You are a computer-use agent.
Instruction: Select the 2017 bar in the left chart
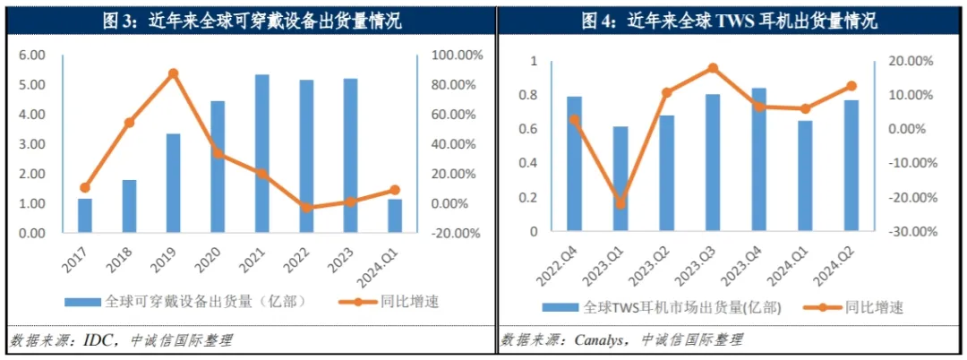(85, 216)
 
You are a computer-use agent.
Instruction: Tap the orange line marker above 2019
(174, 73)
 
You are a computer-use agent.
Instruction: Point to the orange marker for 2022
(306, 207)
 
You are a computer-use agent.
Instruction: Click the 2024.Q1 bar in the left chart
(395, 216)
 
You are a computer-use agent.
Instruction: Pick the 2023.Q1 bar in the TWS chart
(620, 179)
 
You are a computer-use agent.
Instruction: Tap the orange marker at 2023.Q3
(713, 68)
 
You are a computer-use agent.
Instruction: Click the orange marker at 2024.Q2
(851, 86)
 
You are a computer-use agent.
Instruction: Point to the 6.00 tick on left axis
(32, 55)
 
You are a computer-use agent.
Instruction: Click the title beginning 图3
(246, 19)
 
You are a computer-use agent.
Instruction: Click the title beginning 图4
(730, 19)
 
